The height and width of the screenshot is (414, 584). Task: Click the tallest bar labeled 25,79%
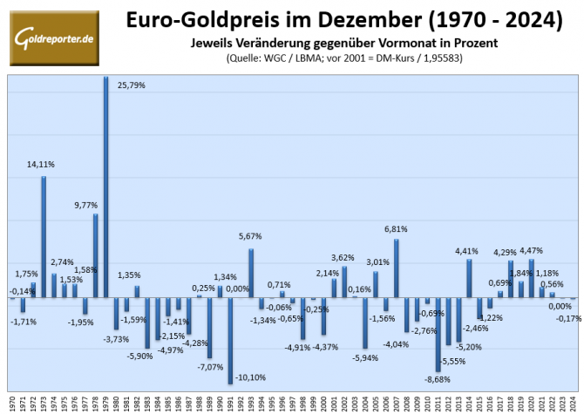pos(106,187)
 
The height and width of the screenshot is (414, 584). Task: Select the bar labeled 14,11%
pos(44,237)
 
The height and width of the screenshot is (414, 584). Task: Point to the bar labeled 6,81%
pos(397,268)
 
